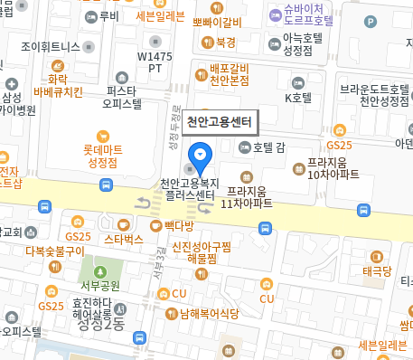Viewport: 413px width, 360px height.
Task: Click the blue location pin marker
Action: tap(200, 156)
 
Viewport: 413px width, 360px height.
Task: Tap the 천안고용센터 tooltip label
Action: tap(220, 121)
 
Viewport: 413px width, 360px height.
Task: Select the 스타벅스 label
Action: tap(123, 239)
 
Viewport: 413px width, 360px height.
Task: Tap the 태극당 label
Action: tap(377, 270)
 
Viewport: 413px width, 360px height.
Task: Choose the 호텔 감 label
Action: tap(268, 147)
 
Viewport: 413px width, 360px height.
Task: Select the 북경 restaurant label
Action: tap(226, 43)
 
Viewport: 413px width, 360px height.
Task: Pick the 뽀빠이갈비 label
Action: tap(216, 23)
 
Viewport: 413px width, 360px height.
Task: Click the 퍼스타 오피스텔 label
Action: tap(122, 97)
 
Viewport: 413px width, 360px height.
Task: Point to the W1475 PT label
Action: tap(155, 62)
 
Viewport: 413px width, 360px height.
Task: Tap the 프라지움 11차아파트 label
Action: tap(247, 197)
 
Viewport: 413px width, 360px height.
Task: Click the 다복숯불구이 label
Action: tap(54, 251)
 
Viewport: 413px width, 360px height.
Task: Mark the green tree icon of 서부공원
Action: tap(99, 270)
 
